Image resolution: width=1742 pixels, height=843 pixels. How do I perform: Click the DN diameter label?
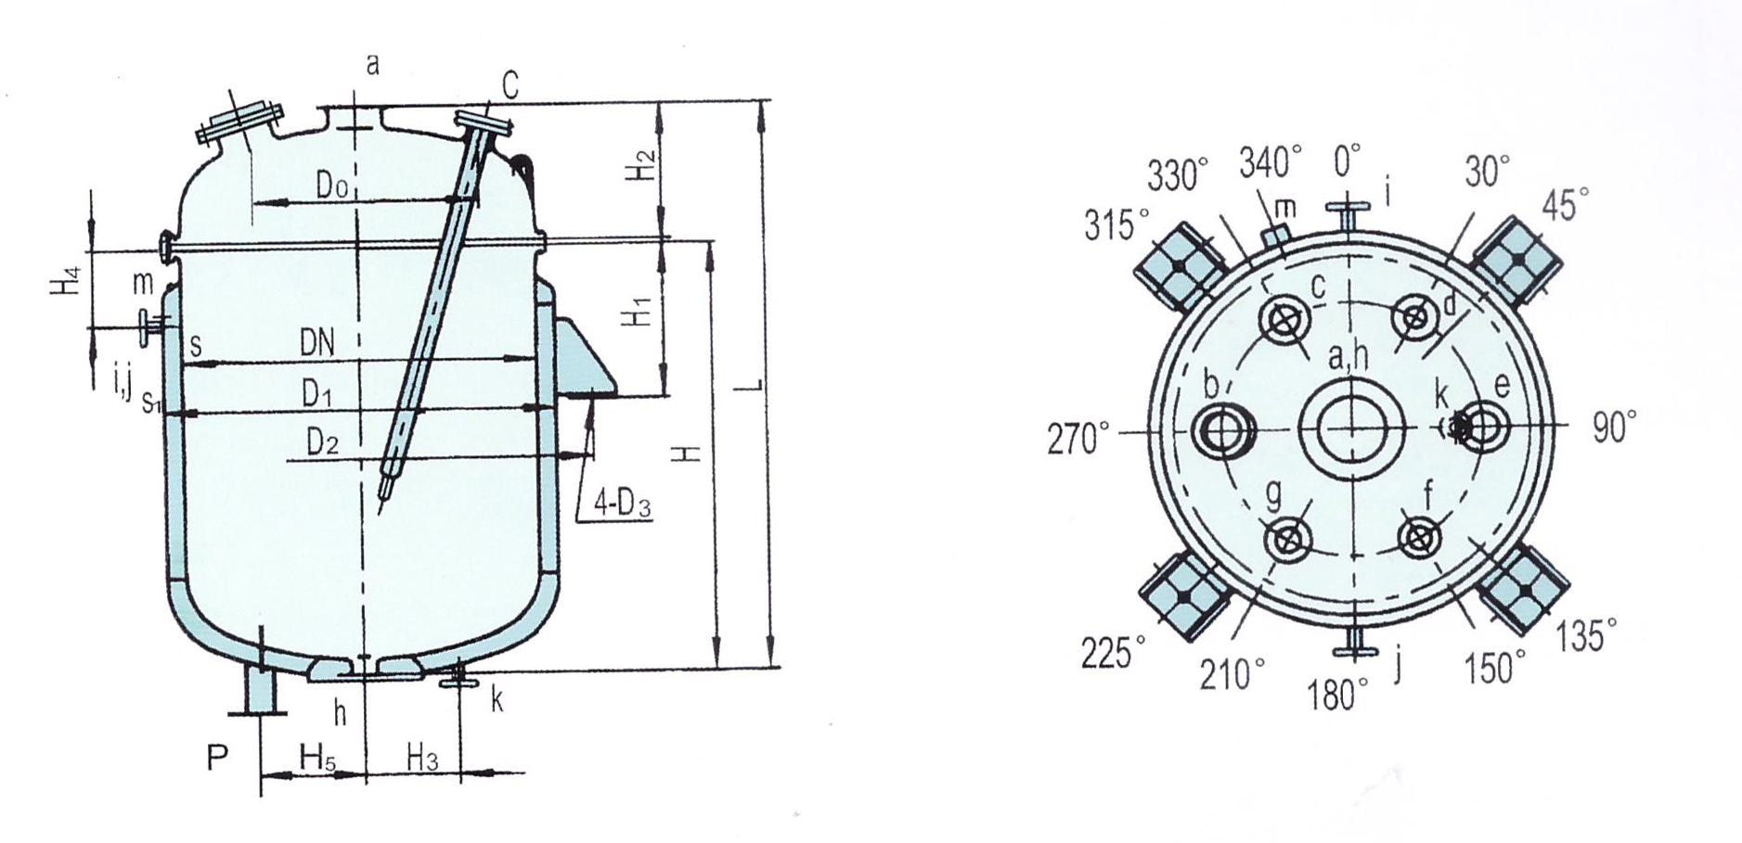316,344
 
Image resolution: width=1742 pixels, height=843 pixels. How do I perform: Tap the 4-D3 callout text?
623,505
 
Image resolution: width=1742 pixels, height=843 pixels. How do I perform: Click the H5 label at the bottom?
317,757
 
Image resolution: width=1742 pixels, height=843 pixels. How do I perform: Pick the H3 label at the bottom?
422,758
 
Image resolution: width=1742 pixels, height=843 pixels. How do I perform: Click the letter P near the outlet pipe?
216,759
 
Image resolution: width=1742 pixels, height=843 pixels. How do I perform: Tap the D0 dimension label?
331,185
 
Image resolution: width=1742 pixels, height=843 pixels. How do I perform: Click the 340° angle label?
1271,162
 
